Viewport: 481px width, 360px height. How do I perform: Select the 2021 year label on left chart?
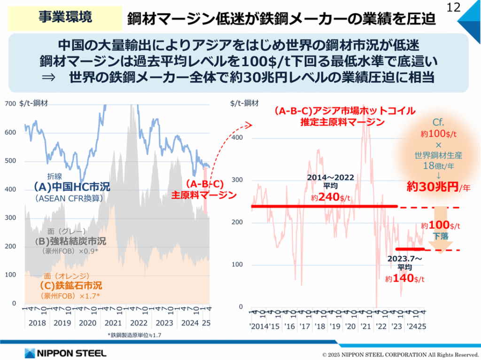(x=113, y=323)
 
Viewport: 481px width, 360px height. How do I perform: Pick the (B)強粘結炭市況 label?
(x=71, y=242)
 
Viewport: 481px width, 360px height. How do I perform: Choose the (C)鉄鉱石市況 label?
(x=70, y=285)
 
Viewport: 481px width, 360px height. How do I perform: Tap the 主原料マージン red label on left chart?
(x=203, y=195)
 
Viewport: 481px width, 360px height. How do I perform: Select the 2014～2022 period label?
(x=331, y=178)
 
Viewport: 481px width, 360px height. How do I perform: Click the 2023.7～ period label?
(x=405, y=259)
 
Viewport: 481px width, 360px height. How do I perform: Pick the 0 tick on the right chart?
(x=241, y=307)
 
